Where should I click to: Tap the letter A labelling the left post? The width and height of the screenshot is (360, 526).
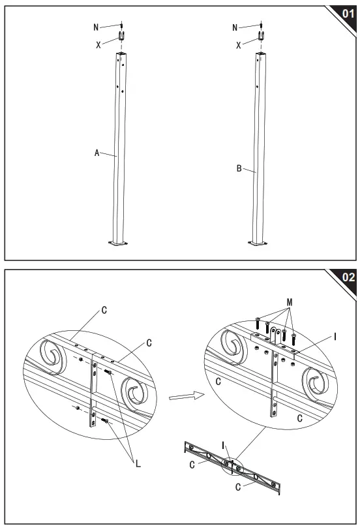coord(97,153)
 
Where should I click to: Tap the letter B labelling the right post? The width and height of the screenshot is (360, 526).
coord(239,168)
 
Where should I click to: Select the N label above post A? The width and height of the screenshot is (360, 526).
coord(97,27)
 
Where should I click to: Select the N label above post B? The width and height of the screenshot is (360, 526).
coord(235,27)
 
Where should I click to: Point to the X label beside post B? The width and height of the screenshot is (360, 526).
coord(238,46)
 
